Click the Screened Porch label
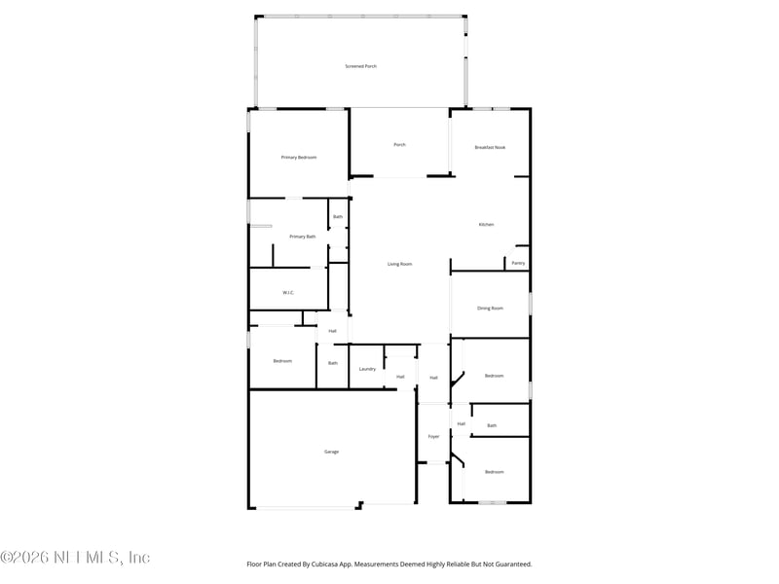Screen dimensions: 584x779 [360, 66]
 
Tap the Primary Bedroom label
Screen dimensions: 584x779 [299, 158]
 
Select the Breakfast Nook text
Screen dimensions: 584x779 [490, 147]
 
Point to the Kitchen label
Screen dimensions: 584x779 [486, 225]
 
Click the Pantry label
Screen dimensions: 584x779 [518, 263]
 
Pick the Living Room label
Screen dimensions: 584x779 [400, 264]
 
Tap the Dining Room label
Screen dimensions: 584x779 [490, 308]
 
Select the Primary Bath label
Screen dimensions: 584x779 [303, 237]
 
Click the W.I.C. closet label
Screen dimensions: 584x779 [288, 293]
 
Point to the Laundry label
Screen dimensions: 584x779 [367, 369]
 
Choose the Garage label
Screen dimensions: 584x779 [332, 452]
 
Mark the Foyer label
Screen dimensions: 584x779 [433, 436]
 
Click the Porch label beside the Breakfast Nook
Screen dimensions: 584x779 [399, 145]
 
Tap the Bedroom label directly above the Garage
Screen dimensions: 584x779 [282, 361]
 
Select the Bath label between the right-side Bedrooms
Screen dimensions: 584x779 [492, 425]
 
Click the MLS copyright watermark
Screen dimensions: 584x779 [75, 558]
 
